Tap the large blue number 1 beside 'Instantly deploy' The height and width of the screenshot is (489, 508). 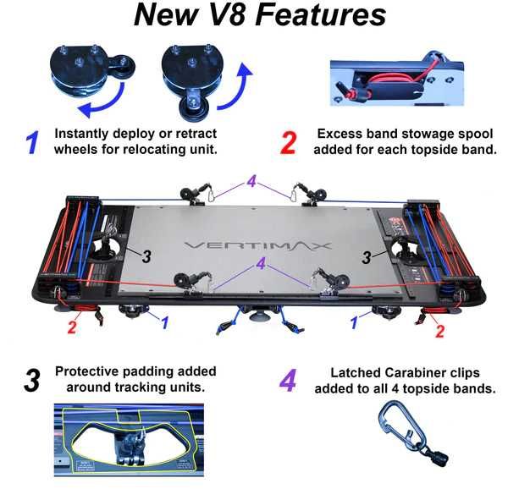(33, 141)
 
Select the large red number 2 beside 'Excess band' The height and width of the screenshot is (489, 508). (289, 142)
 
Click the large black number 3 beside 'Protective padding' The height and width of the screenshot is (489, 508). (32, 381)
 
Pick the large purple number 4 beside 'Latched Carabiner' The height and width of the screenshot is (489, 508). (288, 381)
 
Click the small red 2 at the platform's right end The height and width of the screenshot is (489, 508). (439, 332)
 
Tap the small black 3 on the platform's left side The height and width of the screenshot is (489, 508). (146, 255)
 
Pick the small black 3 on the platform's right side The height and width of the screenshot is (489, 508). (367, 254)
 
